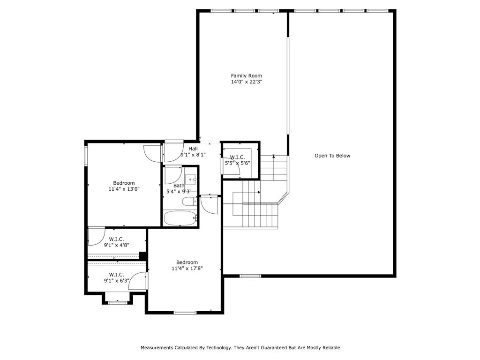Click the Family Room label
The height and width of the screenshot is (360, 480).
tap(247, 75)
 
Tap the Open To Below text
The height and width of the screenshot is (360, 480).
tap(332, 156)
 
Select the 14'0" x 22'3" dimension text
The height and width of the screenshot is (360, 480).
tap(247, 82)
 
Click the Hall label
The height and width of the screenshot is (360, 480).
tap(193, 149)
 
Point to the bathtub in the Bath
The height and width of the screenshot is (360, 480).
tap(180, 218)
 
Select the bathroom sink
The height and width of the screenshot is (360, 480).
tap(190, 180)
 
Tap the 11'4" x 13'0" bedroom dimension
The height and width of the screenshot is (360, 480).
tap(124, 189)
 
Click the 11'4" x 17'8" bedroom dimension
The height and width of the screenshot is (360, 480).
tap(187, 269)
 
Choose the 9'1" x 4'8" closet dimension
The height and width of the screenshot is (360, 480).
tap(116, 245)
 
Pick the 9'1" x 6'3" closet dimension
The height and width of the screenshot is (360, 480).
tap(116, 280)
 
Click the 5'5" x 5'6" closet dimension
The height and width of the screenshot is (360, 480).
tap(238, 163)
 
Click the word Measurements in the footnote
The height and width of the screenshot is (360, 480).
tap(157, 347)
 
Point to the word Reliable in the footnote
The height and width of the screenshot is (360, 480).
tap(331, 347)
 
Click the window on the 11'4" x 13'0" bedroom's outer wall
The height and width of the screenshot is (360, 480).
tap(86, 156)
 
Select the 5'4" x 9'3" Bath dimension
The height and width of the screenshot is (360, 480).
tap(179, 192)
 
